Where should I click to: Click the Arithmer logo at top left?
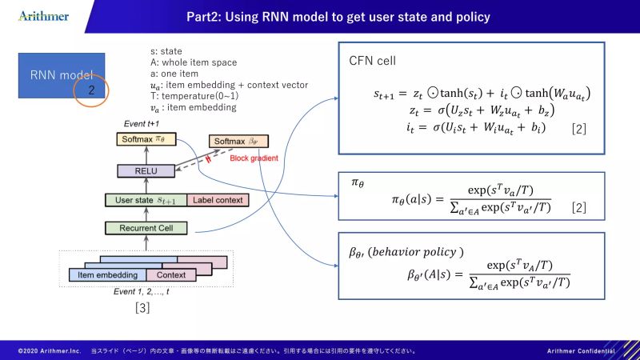(x=43, y=16)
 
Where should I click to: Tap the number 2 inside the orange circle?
(x=92, y=91)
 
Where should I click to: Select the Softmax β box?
(x=239, y=142)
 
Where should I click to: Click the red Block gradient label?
(x=255, y=158)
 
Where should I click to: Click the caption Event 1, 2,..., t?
(x=143, y=291)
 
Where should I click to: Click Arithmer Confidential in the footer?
(x=581, y=351)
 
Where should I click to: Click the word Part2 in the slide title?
(x=206, y=16)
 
